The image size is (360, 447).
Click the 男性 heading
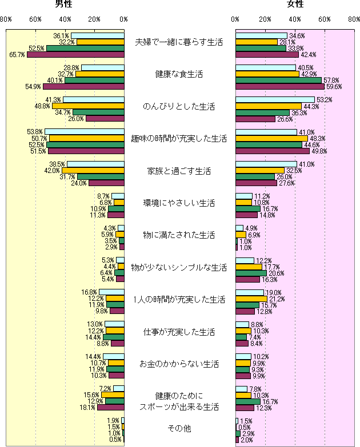point(63,5)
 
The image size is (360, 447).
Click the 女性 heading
point(295,5)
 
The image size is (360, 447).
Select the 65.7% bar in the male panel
point(75,55)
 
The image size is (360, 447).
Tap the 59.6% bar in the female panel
point(280,87)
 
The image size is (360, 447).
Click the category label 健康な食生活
point(180,74)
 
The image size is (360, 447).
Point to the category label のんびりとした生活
point(180,106)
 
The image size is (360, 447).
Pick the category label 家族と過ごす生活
point(180,171)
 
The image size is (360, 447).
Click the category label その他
point(180,428)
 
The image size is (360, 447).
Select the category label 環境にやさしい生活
point(180,203)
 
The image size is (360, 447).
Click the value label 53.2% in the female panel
point(324,100)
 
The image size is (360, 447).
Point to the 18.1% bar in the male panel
point(111,408)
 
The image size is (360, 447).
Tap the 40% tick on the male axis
point(65,20)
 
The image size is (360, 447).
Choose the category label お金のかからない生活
point(180,363)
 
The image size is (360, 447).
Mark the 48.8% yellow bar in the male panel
point(88,106)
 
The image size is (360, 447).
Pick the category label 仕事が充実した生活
point(180,331)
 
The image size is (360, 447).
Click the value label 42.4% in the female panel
point(308,55)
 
